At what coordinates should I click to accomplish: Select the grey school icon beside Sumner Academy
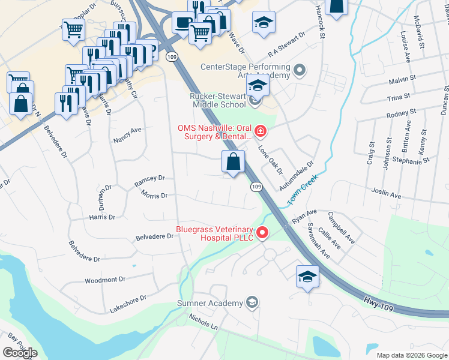coord(253,302)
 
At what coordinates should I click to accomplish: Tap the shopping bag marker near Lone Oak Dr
coord(233,161)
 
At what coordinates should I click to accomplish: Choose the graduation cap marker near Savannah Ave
coord(307,277)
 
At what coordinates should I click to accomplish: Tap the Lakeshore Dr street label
coord(127,304)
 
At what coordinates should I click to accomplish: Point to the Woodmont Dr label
coord(104,280)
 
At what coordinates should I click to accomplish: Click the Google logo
coord(20,352)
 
